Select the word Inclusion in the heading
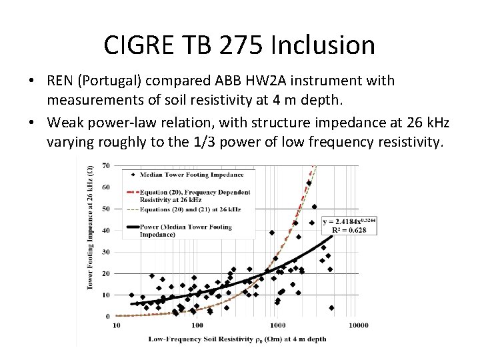pos(332,45)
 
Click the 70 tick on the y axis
pos(105,165)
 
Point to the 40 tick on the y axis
pos(105,230)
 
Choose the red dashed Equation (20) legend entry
pos(195,195)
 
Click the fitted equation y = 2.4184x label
pos(349,221)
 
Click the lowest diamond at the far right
pos(331,308)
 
